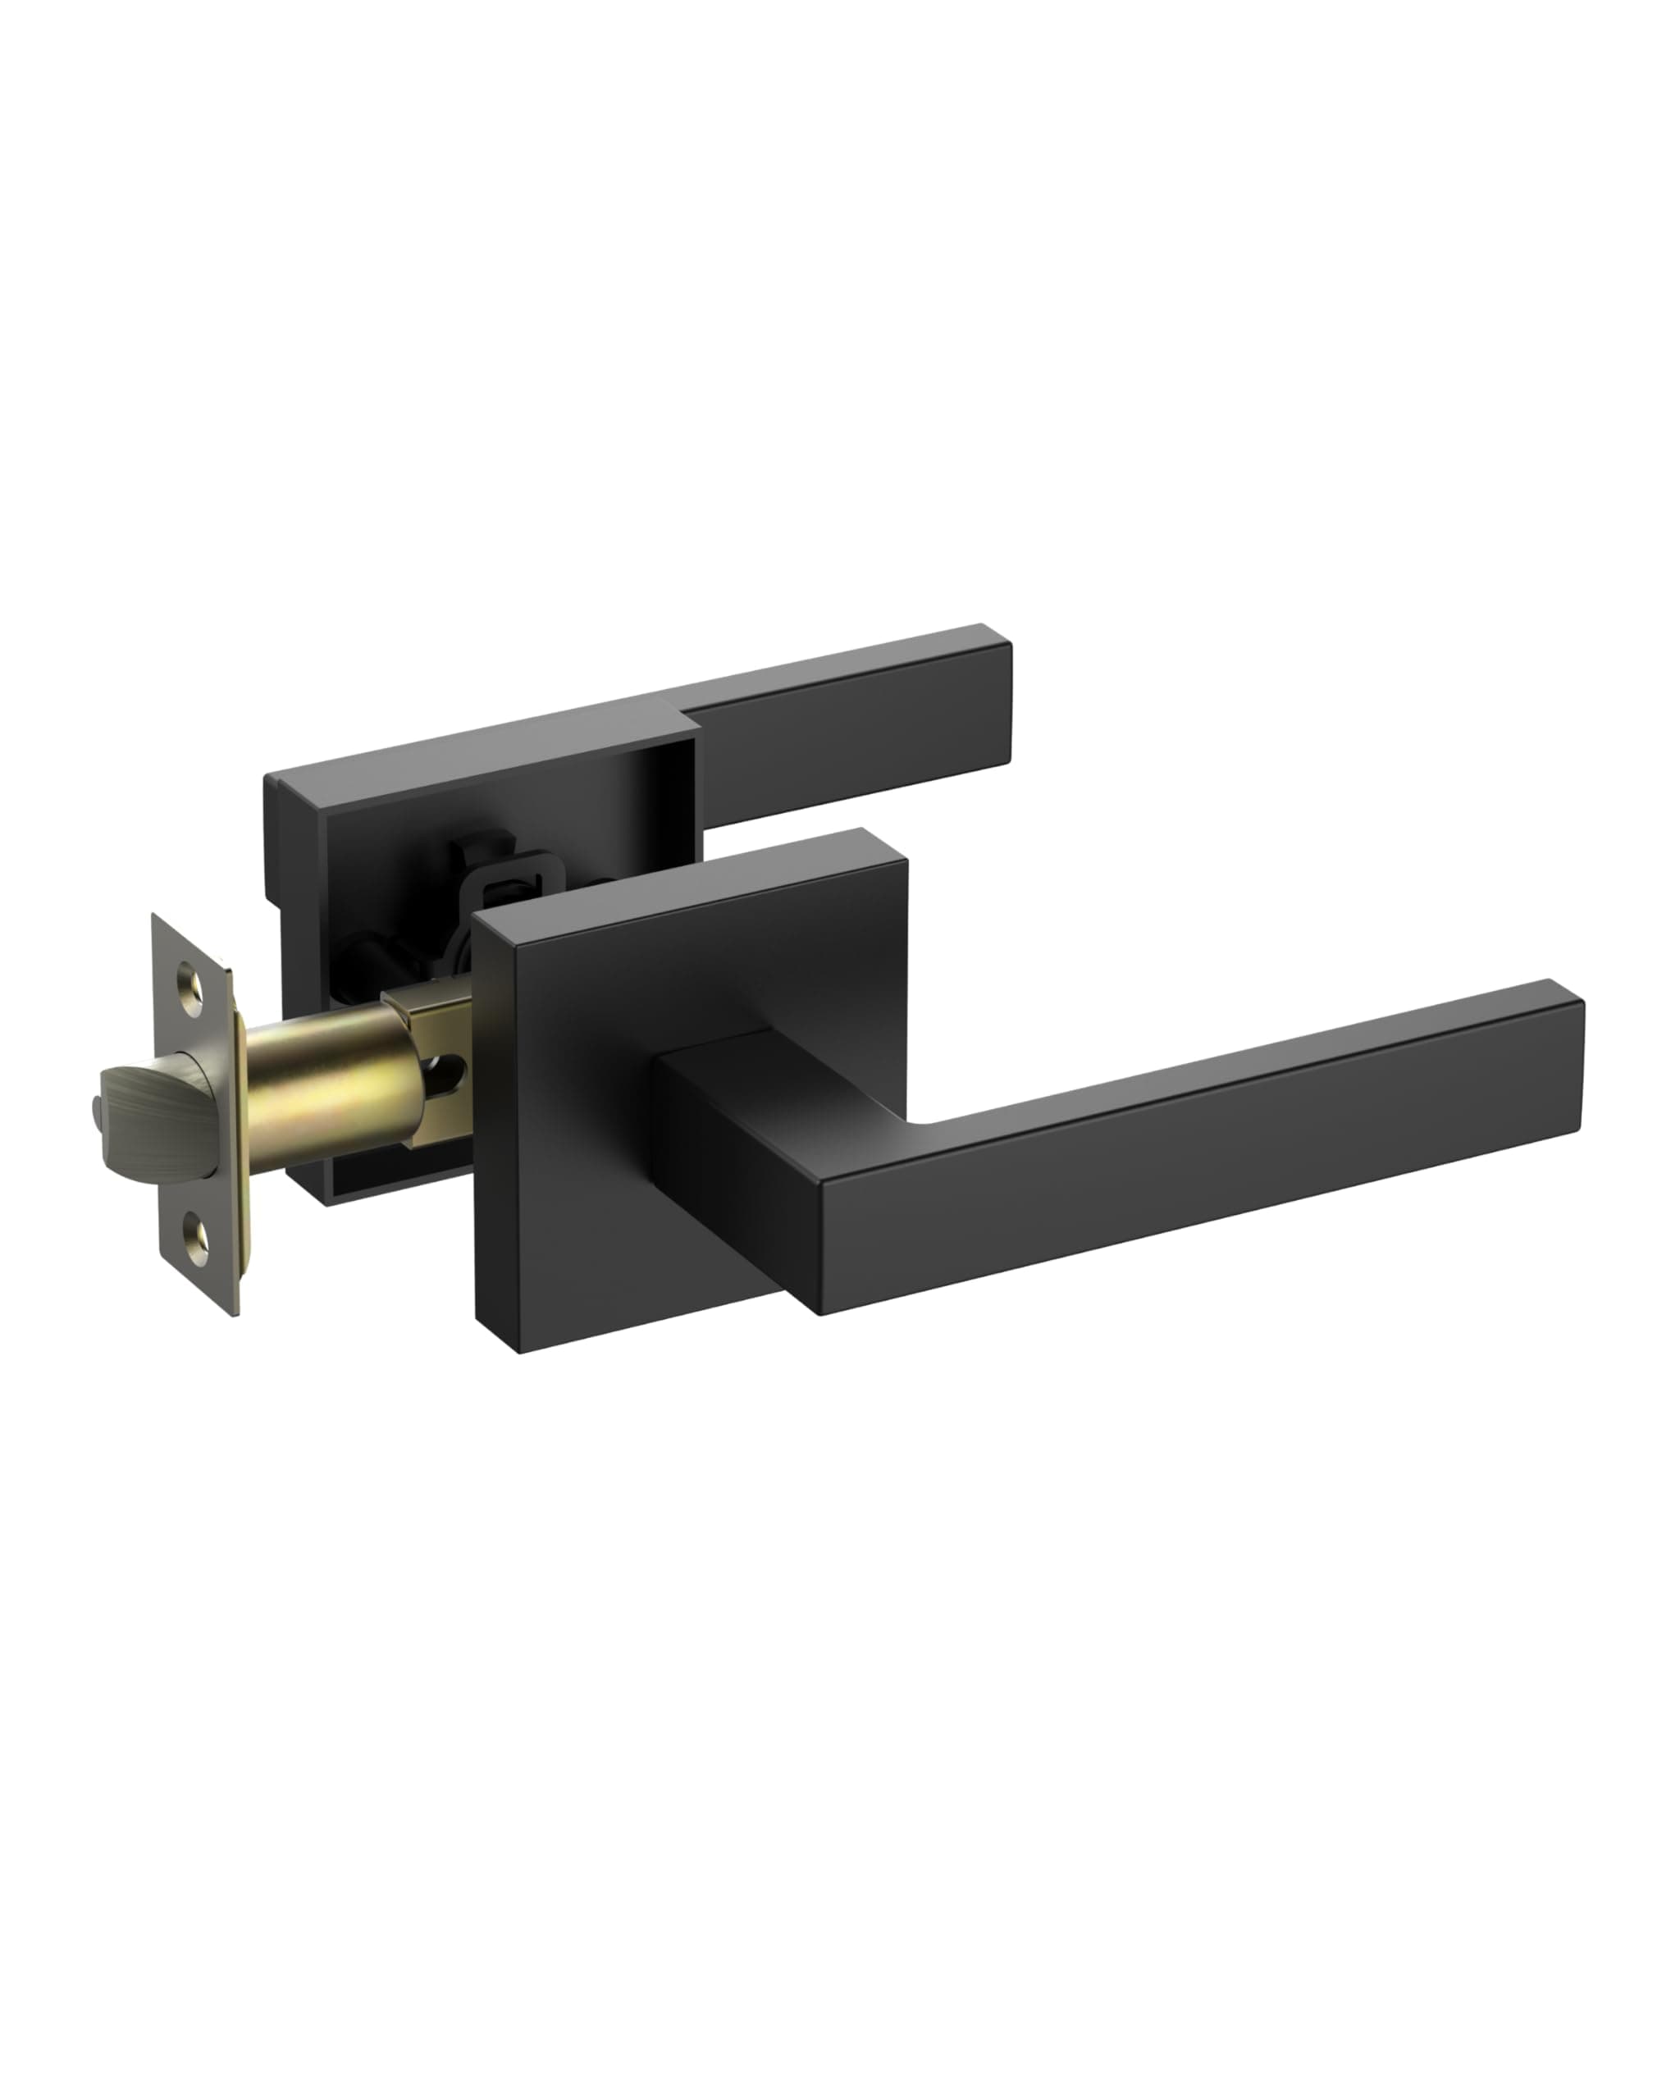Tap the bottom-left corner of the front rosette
pyautogui.click(x=520, y=1350)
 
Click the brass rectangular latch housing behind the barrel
pyautogui.click(x=428, y=1013)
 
